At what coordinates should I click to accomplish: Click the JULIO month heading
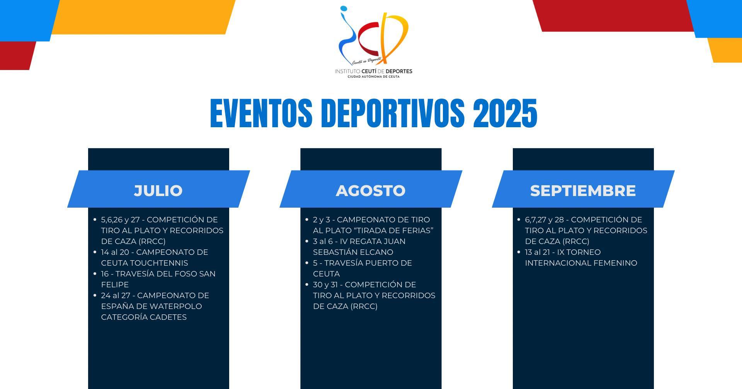coord(158,191)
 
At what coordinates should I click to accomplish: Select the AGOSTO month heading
coord(371,191)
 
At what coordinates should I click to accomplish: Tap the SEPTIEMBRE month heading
coord(583,191)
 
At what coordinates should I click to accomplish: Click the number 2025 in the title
coord(505,113)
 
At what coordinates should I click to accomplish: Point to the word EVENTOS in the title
coord(261,113)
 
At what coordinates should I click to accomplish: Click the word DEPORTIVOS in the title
coord(393,113)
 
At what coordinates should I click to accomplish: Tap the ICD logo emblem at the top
coord(373,35)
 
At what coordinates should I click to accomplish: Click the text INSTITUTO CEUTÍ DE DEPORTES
coord(373,71)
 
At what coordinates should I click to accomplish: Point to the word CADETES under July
coord(167,317)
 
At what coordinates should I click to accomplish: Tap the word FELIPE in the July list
coord(115,285)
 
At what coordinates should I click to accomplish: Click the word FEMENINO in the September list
coord(617,263)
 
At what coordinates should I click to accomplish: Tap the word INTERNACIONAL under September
coord(559,263)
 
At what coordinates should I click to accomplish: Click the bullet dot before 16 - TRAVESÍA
coord(95,274)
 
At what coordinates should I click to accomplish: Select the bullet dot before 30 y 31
coord(307,285)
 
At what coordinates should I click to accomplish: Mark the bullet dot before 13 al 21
coord(519,252)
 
